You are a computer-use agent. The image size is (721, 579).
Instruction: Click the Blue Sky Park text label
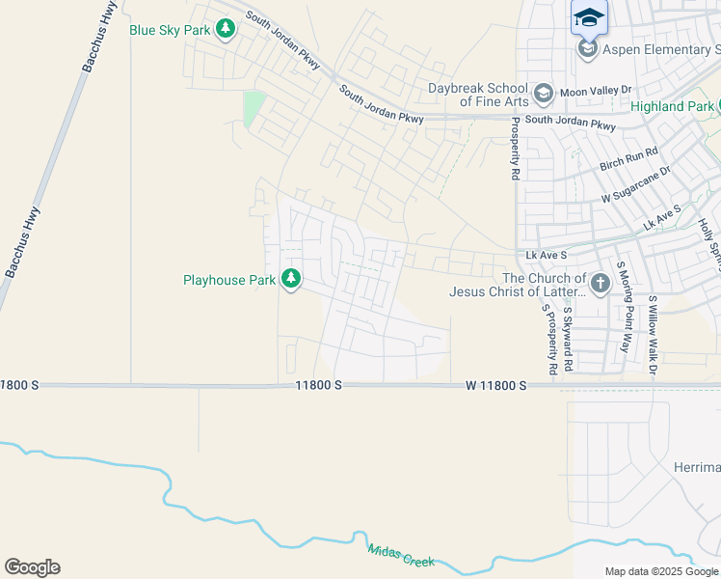(170, 30)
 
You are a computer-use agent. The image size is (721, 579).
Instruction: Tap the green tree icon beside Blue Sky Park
(226, 30)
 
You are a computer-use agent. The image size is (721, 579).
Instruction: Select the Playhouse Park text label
(229, 280)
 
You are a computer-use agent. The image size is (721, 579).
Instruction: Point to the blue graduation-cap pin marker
(589, 17)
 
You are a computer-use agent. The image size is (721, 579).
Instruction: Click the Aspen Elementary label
(661, 49)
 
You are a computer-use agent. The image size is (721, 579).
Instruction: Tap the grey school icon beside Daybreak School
(543, 94)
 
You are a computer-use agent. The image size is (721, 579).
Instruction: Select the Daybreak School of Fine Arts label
(477, 95)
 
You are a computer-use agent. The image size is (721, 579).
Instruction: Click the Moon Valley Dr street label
(595, 90)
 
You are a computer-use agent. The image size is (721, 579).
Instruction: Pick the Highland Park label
(672, 106)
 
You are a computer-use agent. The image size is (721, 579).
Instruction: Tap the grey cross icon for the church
(600, 284)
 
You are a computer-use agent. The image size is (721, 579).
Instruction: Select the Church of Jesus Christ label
(517, 285)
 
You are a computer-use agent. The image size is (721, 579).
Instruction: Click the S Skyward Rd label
(568, 339)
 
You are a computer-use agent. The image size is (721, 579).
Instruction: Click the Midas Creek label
(400, 556)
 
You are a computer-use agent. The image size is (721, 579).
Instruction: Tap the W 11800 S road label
(495, 385)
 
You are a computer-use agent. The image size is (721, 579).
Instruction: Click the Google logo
(33, 567)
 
